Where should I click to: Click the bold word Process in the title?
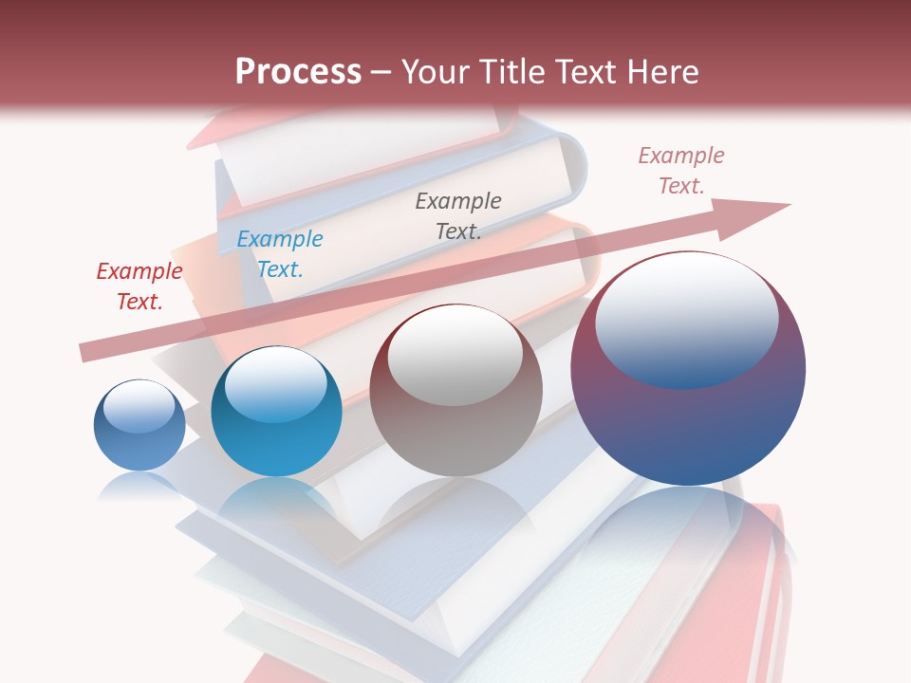coord(298,72)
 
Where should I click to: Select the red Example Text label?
coord(139,286)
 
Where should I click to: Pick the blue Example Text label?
coord(280,254)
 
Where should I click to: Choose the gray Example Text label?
coord(458,215)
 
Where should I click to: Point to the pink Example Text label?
coord(681,171)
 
